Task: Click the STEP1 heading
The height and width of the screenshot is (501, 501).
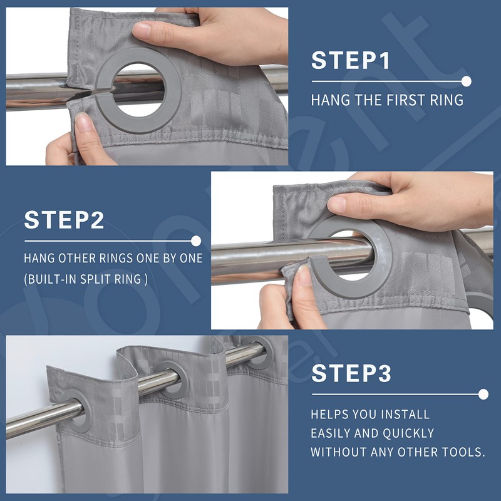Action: pyautogui.click(x=351, y=60)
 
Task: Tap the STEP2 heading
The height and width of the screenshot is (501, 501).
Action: pyautogui.click(x=64, y=220)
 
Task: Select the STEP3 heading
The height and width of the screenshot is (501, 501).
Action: pyautogui.click(x=351, y=373)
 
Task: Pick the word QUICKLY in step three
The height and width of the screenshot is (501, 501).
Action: pyautogui.click(x=408, y=433)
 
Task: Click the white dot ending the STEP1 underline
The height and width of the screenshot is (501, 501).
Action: pyautogui.click(x=466, y=81)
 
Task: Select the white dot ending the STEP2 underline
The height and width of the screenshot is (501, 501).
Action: pyautogui.click(x=196, y=241)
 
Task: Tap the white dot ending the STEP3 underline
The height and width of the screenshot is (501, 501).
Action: pyautogui.click(x=483, y=395)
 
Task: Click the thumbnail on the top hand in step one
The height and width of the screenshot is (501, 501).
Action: pyautogui.click(x=142, y=30)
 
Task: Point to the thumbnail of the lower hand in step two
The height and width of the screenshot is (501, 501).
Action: pyautogui.click(x=304, y=276)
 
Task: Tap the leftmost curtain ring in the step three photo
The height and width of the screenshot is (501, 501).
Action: pyautogui.click(x=78, y=410)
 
